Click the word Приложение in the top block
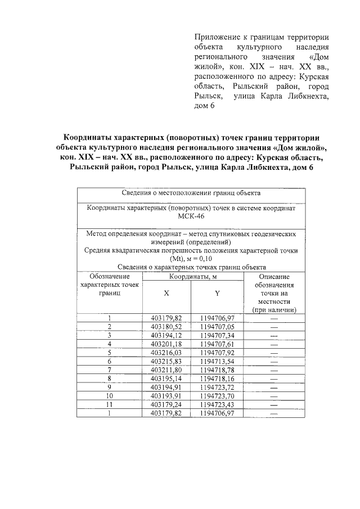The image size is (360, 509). [217, 35]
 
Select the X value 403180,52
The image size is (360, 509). [166, 326]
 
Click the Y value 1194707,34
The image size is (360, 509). [217, 335]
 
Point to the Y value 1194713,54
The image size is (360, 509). [217, 361]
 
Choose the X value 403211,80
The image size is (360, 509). [166, 370]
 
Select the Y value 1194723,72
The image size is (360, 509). [217, 386]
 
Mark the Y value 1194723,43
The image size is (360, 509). [217, 404]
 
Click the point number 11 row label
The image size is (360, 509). [110, 404]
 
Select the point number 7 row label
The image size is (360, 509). [110, 370]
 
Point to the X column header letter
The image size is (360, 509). [166, 294]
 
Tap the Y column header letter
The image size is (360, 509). [217, 294]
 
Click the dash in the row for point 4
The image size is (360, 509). [274, 344]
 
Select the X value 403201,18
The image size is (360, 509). [166, 344]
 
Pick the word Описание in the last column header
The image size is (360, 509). [274, 277]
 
